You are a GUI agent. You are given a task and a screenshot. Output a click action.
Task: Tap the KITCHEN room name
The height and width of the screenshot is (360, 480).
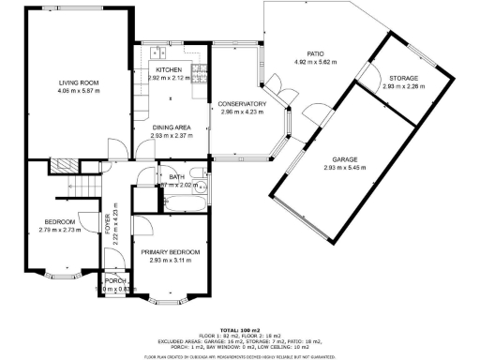pyautogui.click(x=169, y=70)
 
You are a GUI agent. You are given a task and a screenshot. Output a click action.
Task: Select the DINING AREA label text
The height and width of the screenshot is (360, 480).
pyautogui.click(x=172, y=127)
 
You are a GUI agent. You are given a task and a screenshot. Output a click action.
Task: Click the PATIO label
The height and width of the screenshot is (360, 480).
pyautogui.click(x=314, y=54)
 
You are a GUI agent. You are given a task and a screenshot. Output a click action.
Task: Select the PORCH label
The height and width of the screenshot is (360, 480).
pyautogui.click(x=115, y=281)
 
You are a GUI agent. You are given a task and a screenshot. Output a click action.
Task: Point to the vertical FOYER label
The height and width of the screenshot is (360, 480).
pyautogui.click(x=107, y=225)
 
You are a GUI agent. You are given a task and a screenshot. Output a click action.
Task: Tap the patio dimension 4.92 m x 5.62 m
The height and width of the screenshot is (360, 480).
pyautogui.click(x=314, y=62)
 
